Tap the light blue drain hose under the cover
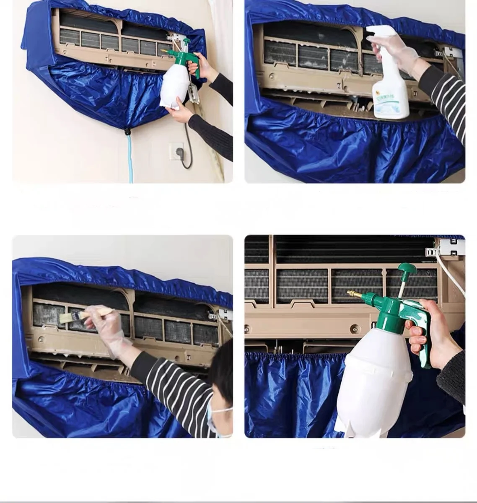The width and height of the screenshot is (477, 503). coord(130,159)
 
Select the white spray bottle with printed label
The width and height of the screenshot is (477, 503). coord(391,90)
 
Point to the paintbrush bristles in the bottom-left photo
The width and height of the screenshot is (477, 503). coord(67,317)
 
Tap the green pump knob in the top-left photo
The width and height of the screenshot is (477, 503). coord(185,41)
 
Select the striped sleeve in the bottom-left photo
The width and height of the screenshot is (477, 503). coord(180,390)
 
